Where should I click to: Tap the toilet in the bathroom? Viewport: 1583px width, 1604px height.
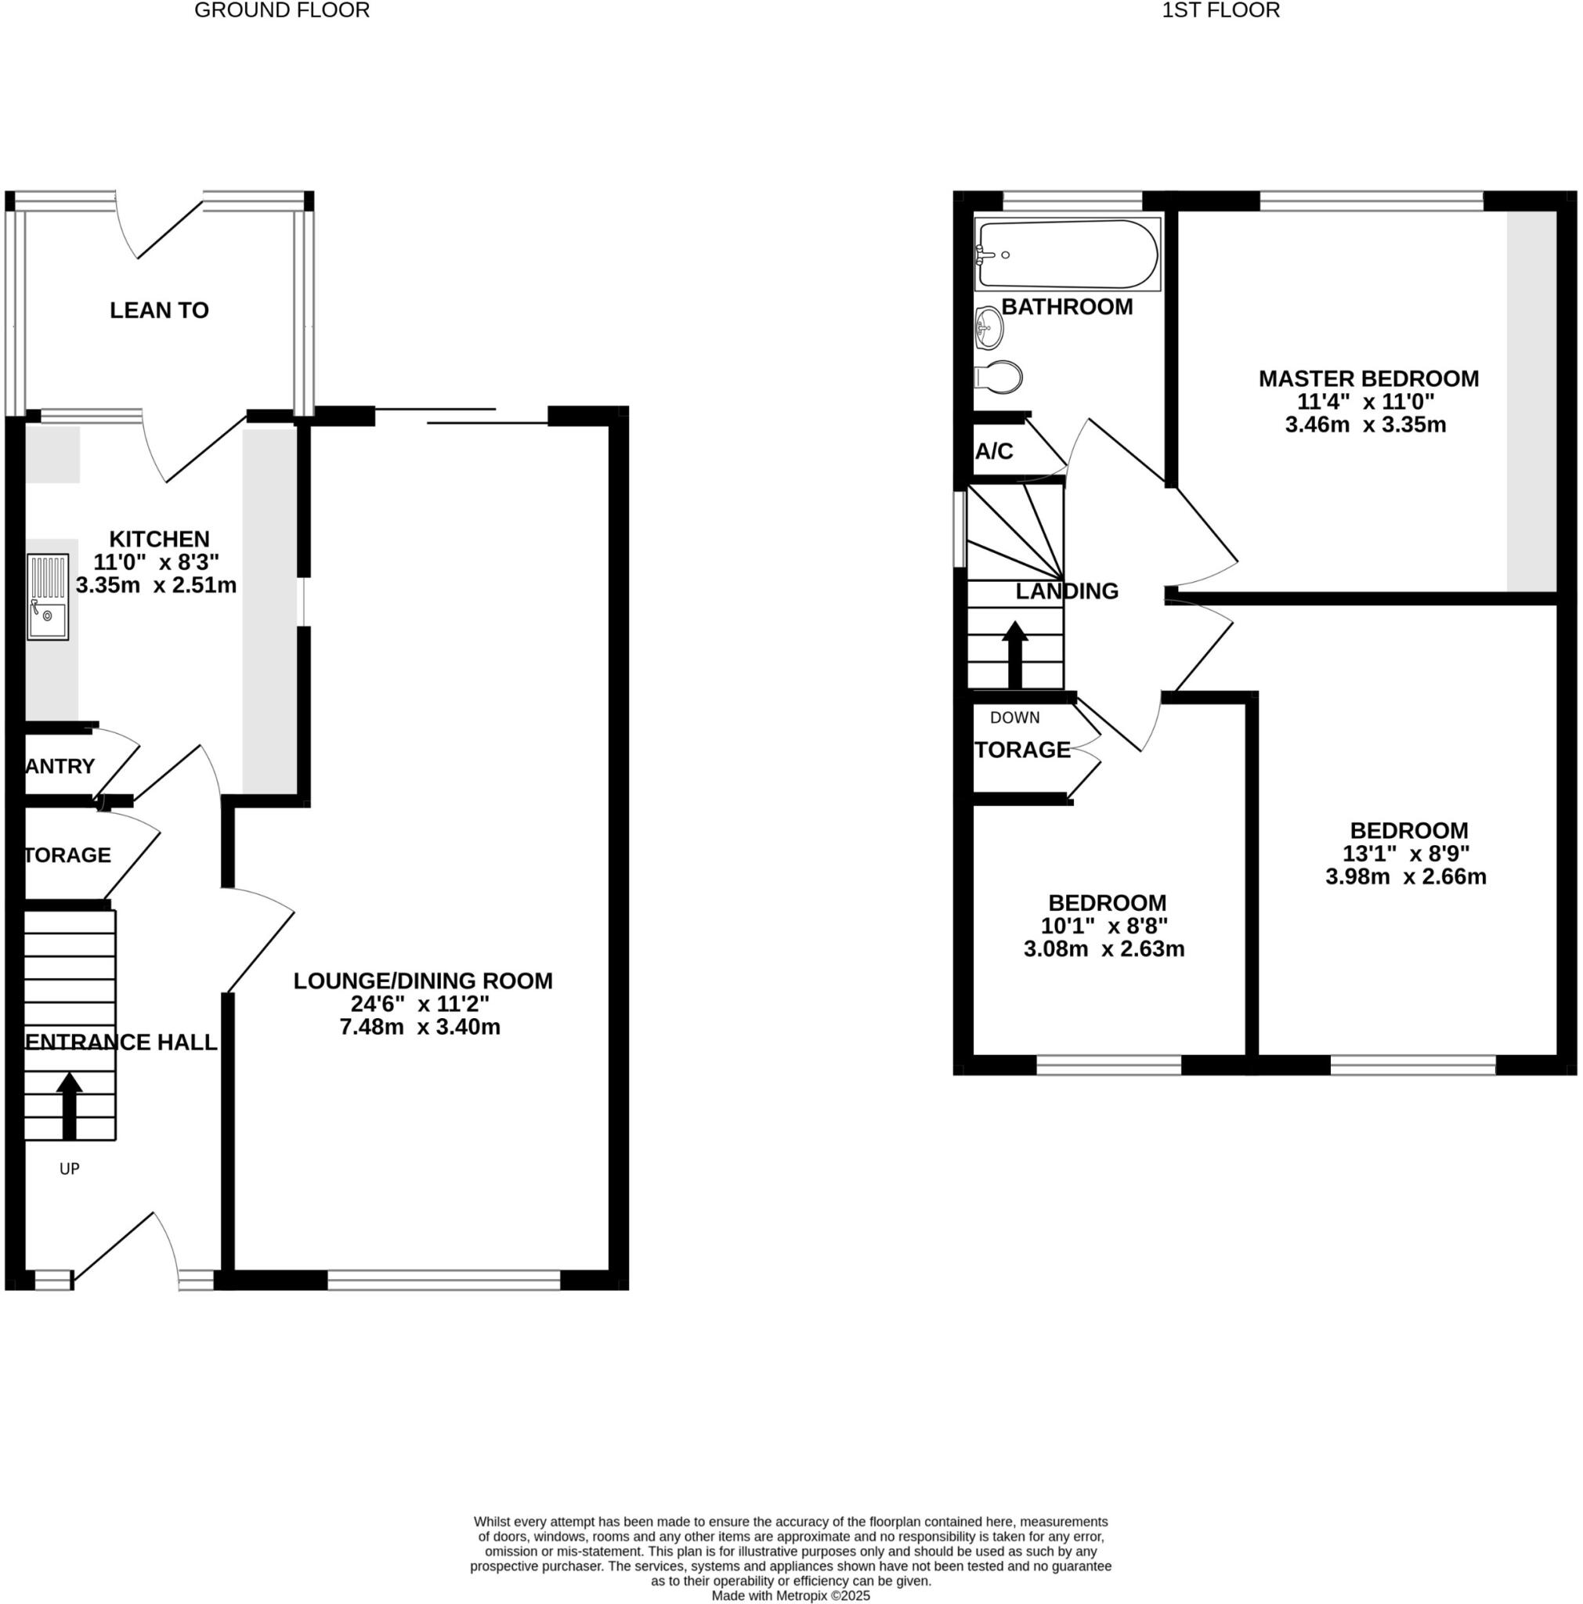pos(999,377)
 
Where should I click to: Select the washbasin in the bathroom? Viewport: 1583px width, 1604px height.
pos(988,327)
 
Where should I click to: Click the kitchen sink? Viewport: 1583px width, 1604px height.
pos(48,596)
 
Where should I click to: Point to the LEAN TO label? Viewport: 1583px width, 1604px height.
pos(159,310)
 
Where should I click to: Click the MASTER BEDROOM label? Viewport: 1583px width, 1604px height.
pos(1368,378)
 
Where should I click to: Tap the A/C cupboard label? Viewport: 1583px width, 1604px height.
pos(994,451)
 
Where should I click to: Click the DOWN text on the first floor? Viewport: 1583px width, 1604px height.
pos(1014,717)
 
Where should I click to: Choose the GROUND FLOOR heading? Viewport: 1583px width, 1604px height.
pos(281,11)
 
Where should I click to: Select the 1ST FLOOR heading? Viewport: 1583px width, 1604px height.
pos(1220,11)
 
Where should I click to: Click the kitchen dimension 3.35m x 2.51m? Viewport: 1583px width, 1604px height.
pos(156,585)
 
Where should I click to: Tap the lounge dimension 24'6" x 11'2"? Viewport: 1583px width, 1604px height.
pos(420,1004)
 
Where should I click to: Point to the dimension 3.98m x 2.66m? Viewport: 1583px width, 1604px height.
pos(1405,876)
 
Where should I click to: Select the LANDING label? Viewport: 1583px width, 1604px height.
pos(1067,591)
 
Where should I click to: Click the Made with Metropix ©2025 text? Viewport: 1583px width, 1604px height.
pos(790,1595)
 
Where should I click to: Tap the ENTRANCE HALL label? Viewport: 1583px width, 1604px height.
pos(121,1042)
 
